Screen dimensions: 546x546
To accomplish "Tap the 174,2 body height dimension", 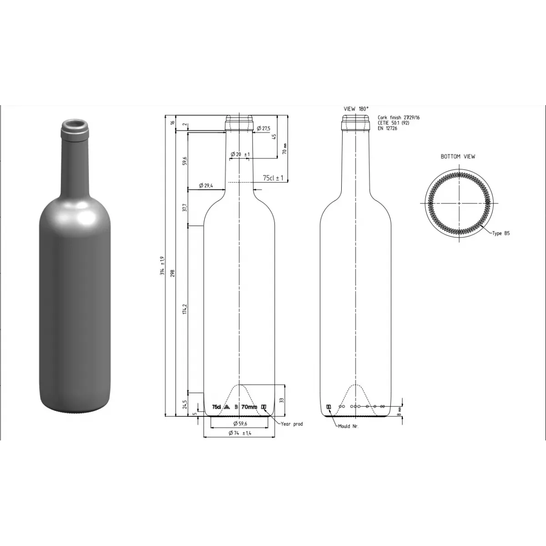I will point(185,309).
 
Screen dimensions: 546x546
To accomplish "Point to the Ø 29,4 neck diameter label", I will point(206,186).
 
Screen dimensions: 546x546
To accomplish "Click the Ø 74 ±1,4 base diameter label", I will point(239,433).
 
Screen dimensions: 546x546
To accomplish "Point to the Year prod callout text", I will point(292,424).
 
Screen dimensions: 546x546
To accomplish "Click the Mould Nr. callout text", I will point(348,426).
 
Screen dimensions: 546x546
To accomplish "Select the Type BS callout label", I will point(500,233).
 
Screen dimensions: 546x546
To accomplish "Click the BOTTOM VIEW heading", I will point(458,157).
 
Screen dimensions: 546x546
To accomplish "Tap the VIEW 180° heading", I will point(356,109).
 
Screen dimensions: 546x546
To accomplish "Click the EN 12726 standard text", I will point(388,128).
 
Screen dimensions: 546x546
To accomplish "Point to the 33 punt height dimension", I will point(282,400).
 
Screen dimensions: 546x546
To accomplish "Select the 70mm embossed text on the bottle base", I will point(249,407).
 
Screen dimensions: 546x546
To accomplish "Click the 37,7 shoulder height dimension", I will point(185,207).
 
